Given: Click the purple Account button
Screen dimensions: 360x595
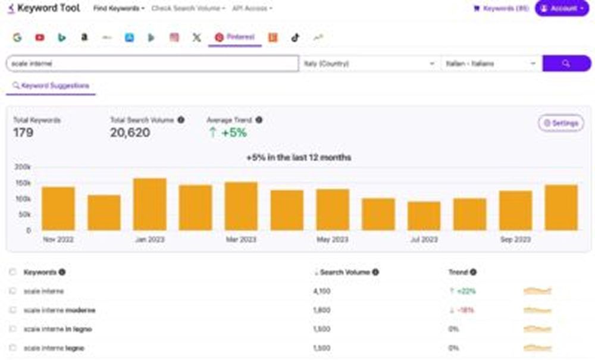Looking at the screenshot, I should coord(562,8).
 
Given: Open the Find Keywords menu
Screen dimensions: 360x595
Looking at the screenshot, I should coord(119,8).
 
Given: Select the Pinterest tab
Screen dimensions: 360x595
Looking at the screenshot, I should coord(235,37).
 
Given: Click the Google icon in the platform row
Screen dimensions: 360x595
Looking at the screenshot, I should coord(17,37).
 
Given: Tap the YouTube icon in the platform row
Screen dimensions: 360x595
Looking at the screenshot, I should coord(40,37).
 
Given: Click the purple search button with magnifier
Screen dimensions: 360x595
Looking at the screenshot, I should coord(566,63).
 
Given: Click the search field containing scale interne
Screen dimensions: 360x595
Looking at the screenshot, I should coord(152,63).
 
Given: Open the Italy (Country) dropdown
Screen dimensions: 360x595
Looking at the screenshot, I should coord(369,63).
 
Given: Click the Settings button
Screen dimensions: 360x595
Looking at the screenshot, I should coord(560,123).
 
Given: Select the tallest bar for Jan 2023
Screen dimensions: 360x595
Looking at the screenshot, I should coord(150,204).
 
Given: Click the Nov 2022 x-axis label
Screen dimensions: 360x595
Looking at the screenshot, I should coord(58,239).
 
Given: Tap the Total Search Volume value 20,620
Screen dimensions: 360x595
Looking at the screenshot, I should coord(130,133).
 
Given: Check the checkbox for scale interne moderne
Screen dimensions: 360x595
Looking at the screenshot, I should coord(12,310).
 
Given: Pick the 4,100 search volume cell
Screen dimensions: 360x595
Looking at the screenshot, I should coord(321,291).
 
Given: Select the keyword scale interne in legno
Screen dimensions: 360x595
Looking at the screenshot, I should coord(58,329).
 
